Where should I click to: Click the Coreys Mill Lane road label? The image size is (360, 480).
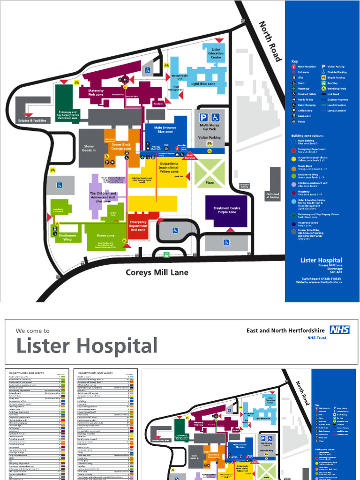pyautogui.click(x=157, y=272)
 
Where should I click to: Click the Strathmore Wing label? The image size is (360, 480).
pyautogui.click(x=67, y=238)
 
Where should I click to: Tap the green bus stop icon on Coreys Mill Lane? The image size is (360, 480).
pyautogui.click(x=166, y=255)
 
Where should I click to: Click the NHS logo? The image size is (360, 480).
pyautogui.click(x=339, y=330)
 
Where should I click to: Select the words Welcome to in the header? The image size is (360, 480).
pyautogui.click(x=32, y=330)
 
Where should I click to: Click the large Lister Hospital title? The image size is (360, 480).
pyautogui.click(x=87, y=346)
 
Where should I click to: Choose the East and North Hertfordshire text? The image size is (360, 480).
pyautogui.click(x=286, y=330)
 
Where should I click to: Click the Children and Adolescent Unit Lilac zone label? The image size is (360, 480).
pyautogui.click(x=103, y=197)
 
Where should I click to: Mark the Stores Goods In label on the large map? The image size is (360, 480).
pyautogui.click(x=89, y=148)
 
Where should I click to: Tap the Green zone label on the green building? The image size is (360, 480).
pyautogui.click(x=105, y=235)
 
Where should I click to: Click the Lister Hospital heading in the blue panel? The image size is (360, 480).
pyautogui.click(x=321, y=260)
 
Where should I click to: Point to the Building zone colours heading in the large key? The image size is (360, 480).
pyautogui.click(x=307, y=135)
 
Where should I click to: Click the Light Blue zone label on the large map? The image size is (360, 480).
pyautogui.click(x=203, y=84)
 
